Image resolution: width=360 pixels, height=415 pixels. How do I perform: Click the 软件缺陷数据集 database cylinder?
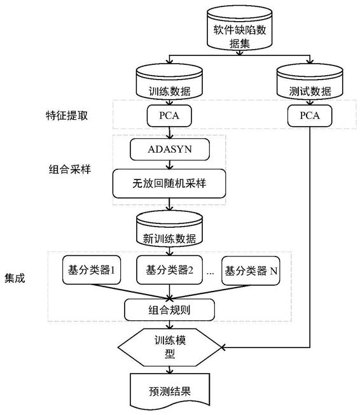239,28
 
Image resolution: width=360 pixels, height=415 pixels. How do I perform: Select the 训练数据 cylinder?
169,81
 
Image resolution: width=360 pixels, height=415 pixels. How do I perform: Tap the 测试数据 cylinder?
310,81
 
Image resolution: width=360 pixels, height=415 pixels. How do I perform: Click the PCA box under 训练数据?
169,116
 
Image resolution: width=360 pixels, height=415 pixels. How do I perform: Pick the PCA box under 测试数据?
310,116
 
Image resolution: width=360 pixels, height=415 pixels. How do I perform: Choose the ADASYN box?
170,150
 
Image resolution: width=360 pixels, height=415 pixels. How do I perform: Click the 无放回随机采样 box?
169,183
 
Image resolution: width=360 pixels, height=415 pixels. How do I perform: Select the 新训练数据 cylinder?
169,229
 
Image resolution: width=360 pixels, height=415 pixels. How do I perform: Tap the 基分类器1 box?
92,270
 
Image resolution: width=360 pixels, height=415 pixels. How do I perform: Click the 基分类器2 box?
169,270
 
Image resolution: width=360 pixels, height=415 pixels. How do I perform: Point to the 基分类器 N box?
251,271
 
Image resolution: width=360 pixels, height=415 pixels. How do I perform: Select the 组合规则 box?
169,310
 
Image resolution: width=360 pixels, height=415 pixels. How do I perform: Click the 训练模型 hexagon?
170,348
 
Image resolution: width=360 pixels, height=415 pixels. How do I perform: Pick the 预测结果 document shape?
170,390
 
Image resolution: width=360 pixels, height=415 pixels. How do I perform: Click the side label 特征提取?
67,116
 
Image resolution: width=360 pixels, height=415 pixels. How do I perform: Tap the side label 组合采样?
70,169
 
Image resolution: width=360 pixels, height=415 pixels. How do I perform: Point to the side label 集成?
15,278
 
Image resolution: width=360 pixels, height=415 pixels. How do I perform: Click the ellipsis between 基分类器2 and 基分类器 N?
211,273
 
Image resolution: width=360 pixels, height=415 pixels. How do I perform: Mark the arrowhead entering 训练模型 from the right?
223,347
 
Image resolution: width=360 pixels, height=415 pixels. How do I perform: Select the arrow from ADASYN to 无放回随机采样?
170,165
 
